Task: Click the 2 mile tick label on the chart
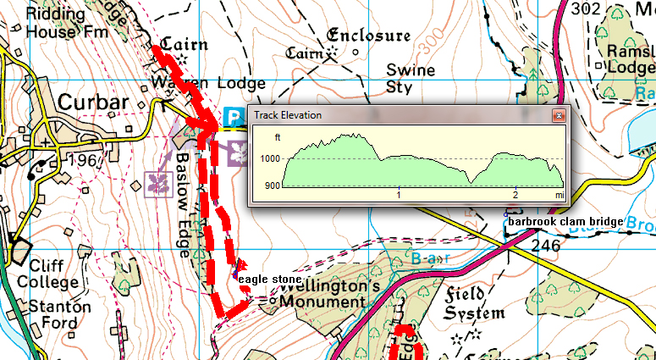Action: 515,195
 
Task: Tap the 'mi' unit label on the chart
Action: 559,195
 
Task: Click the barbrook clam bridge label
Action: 565,222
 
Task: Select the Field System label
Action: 475,304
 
